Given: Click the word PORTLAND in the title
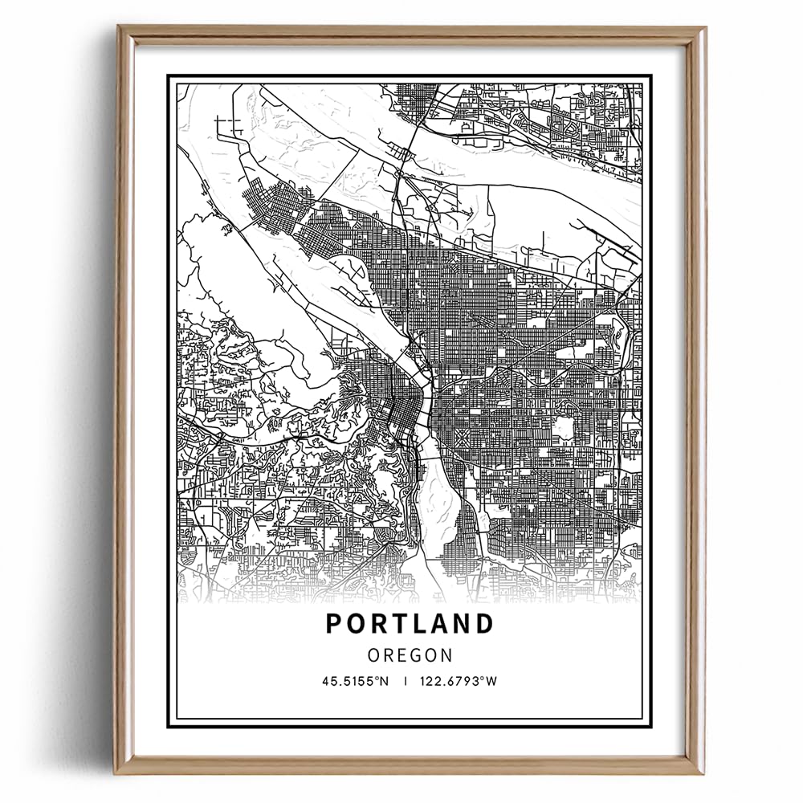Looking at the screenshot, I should click(410, 624).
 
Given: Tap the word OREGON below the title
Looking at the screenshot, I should click(410, 655).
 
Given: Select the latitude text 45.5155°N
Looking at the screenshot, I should click(356, 682).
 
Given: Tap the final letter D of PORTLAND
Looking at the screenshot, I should click(484, 624).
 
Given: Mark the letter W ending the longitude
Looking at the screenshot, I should click(493, 682).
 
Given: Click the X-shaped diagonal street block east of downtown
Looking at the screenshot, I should click(464, 438).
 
